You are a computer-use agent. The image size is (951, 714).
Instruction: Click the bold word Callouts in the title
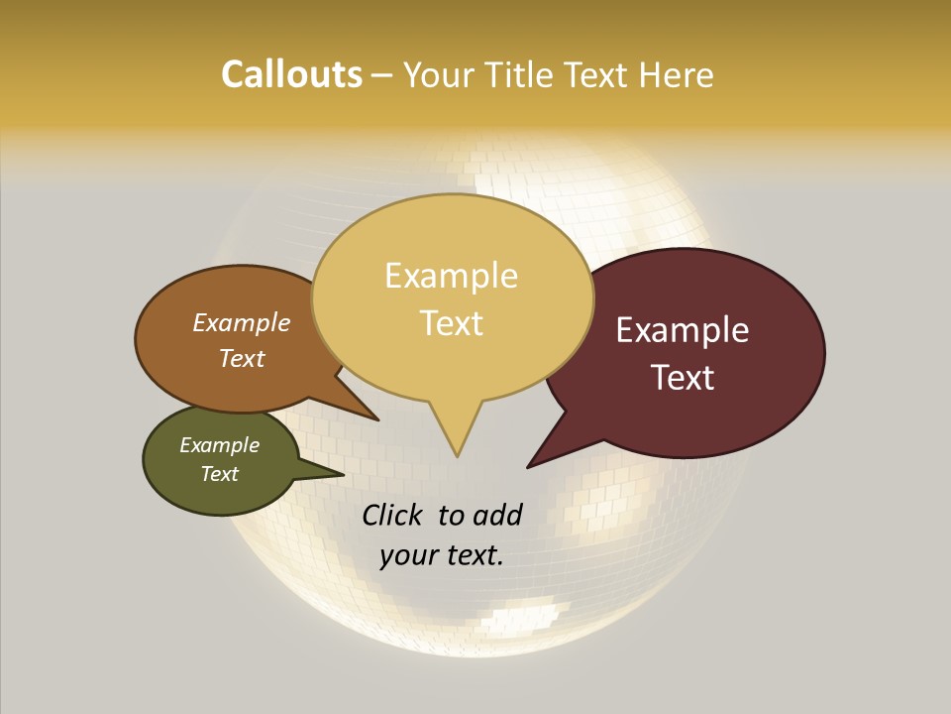coord(291,74)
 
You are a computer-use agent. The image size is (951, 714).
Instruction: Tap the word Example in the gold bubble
coord(451,276)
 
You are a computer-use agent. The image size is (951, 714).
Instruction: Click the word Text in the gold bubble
coord(451,323)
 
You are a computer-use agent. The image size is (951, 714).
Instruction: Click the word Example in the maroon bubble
coord(683,330)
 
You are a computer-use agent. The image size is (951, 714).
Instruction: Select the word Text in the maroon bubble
coord(683,378)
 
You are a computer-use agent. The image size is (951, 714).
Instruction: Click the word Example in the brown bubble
coord(242,322)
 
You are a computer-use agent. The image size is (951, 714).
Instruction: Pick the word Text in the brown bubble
coord(242,358)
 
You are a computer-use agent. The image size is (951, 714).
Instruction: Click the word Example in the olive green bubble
coord(220,445)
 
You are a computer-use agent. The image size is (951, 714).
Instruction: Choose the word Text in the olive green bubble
coord(220,474)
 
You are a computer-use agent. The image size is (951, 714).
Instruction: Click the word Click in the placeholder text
coord(392,515)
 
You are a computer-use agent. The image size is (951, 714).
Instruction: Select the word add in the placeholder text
coord(497,515)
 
